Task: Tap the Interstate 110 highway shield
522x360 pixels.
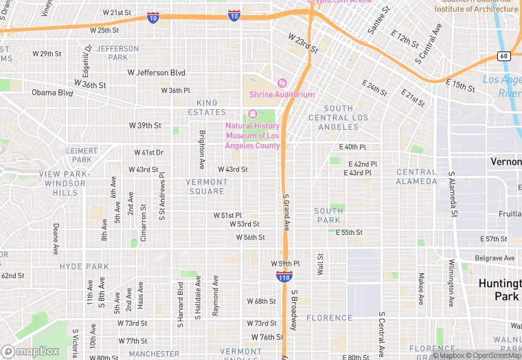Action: [x=284, y=276]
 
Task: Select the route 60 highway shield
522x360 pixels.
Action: [x=503, y=56]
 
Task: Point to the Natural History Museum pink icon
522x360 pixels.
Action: [x=252, y=114]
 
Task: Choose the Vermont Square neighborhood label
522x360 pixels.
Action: [x=206, y=186]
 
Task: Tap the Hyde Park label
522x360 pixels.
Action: [x=84, y=267]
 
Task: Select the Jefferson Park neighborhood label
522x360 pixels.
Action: [x=117, y=53]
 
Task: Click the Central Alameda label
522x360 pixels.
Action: [x=416, y=177]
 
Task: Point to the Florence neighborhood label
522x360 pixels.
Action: [x=329, y=318]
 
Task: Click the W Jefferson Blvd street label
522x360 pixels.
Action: [x=157, y=73]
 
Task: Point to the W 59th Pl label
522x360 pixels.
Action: [x=286, y=264]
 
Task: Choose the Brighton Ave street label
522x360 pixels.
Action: [x=202, y=150]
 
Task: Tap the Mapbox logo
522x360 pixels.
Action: [x=30, y=351]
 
